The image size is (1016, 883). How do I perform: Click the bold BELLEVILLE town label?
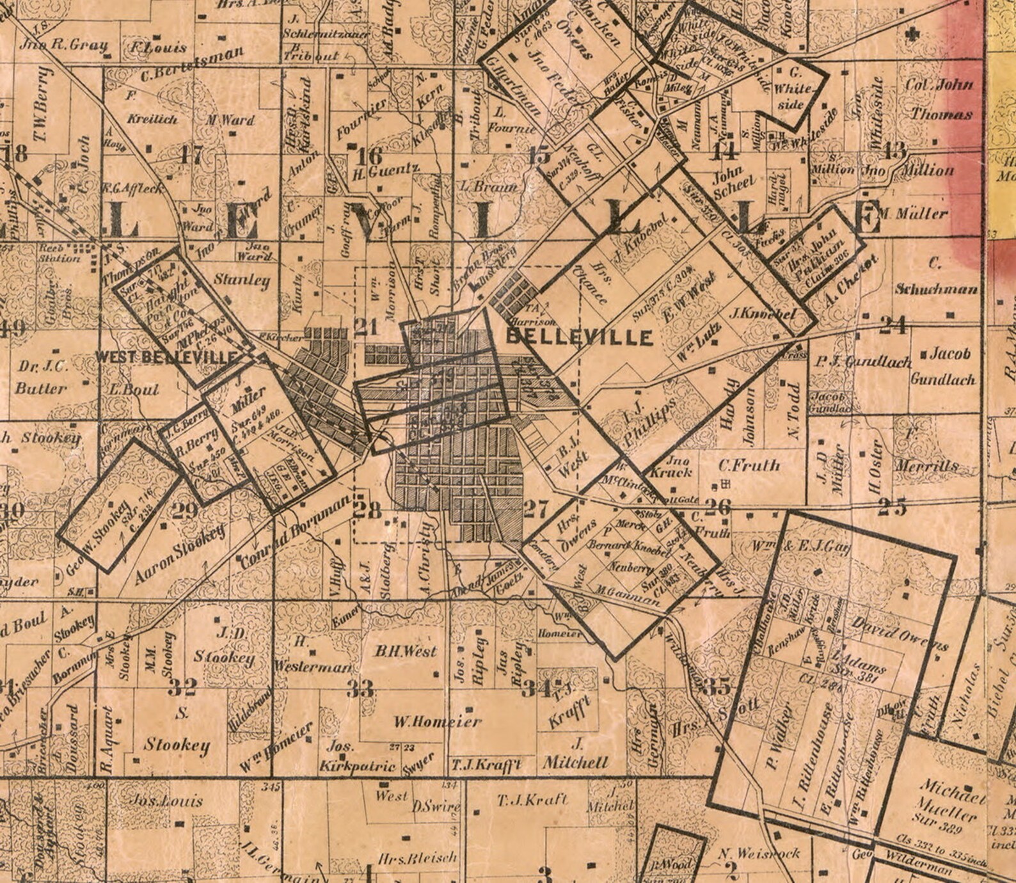point(580,337)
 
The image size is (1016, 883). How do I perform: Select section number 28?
point(367,510)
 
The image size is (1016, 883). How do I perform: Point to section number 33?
point(360,688)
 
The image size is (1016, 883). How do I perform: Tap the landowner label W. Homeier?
point(437,722)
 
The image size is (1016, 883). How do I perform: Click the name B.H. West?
point(406,651)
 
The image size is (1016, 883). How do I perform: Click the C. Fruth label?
point(749,465)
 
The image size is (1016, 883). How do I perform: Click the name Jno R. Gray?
point(63,45)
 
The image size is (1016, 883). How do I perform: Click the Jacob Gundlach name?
point(943,366)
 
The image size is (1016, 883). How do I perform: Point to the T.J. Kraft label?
point(532,799)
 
